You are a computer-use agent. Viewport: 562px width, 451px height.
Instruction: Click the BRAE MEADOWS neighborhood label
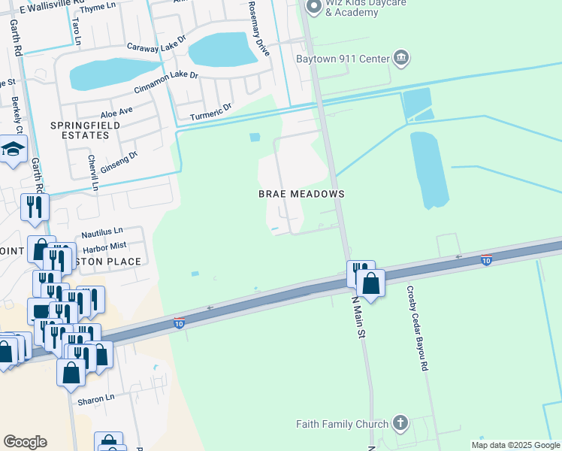301,194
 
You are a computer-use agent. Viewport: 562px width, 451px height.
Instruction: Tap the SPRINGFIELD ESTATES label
80,129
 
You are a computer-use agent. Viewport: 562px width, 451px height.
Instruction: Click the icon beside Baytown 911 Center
400,59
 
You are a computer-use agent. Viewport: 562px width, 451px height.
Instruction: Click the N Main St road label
357,316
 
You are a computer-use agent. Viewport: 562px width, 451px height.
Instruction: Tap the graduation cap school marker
13,150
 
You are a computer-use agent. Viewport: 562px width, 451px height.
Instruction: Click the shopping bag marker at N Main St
370,283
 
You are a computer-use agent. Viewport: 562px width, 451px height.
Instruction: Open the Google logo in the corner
25,441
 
